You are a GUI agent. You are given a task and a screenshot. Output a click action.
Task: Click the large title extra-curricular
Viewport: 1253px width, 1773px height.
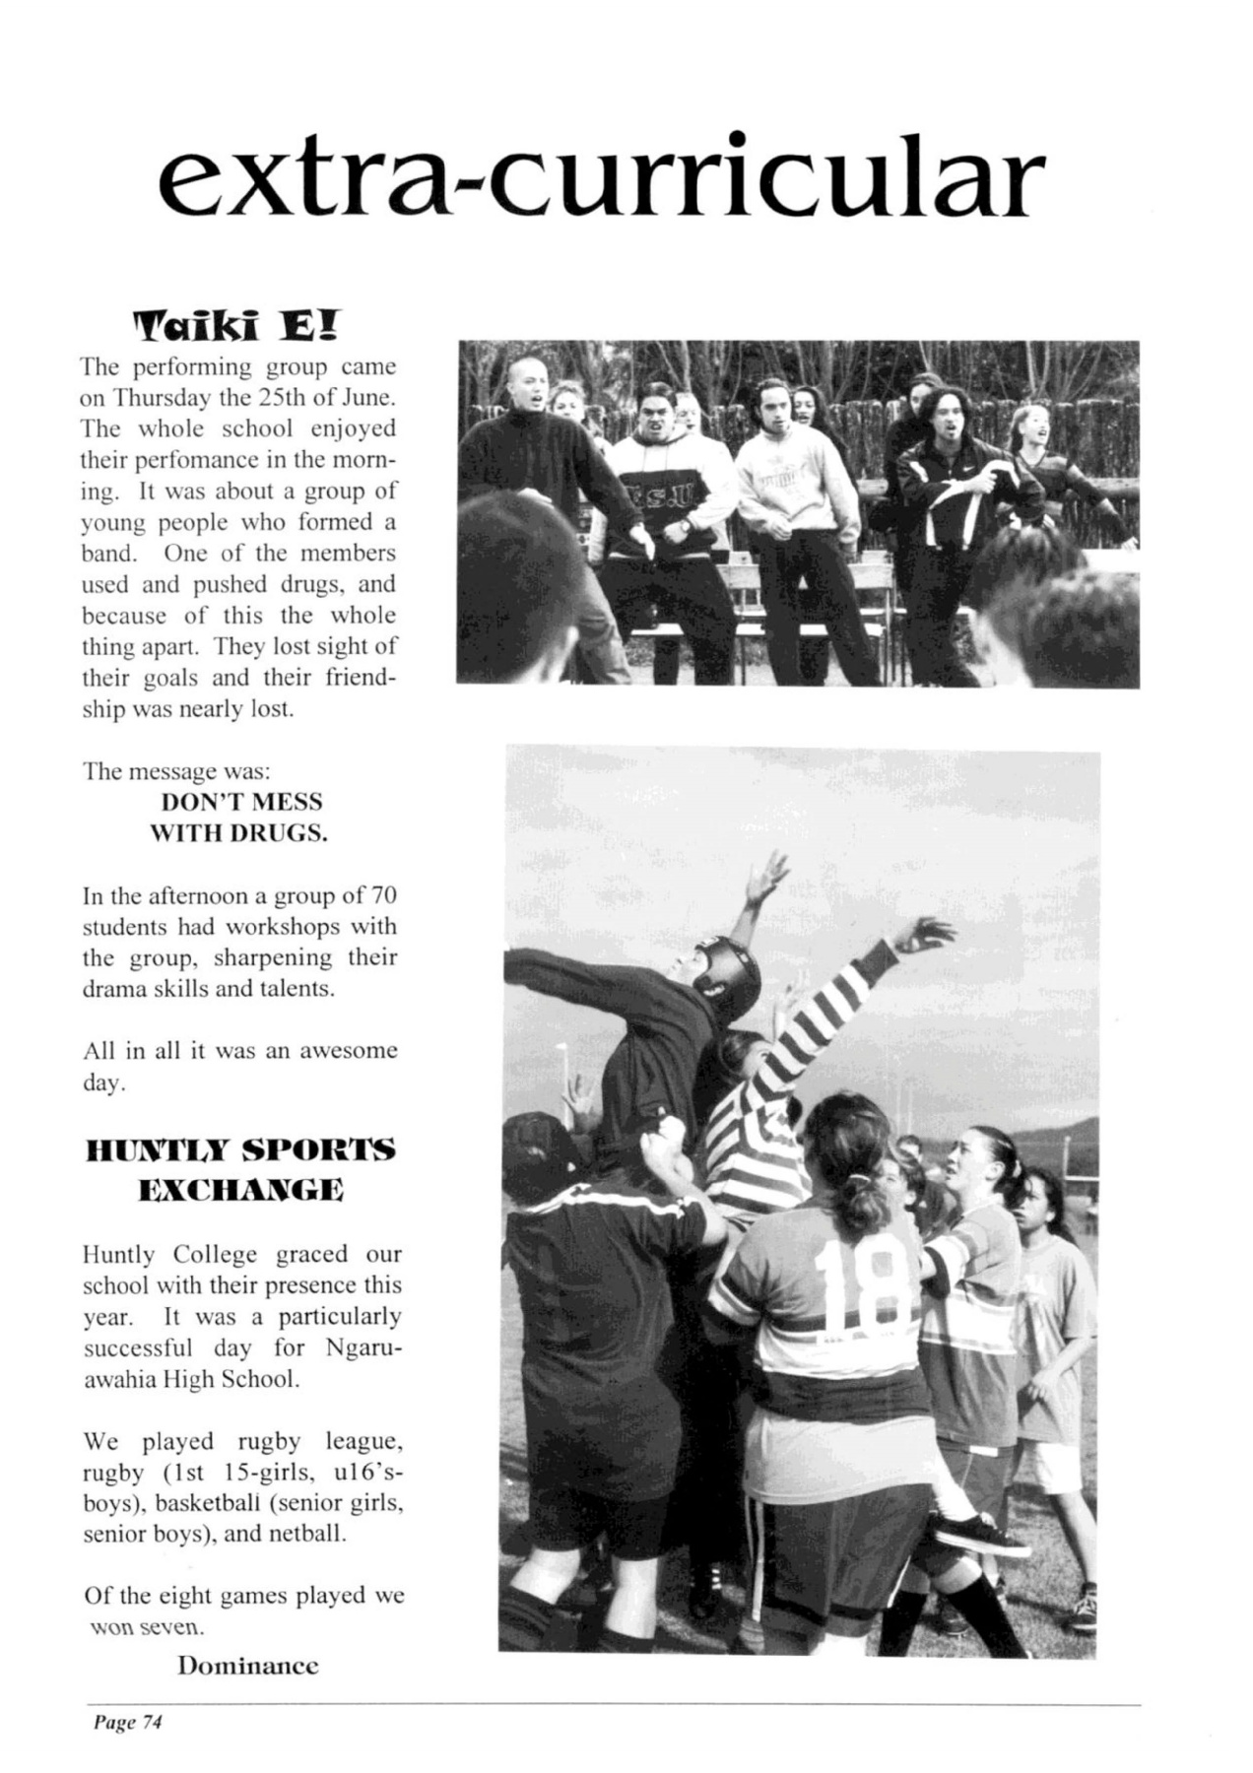600,180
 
